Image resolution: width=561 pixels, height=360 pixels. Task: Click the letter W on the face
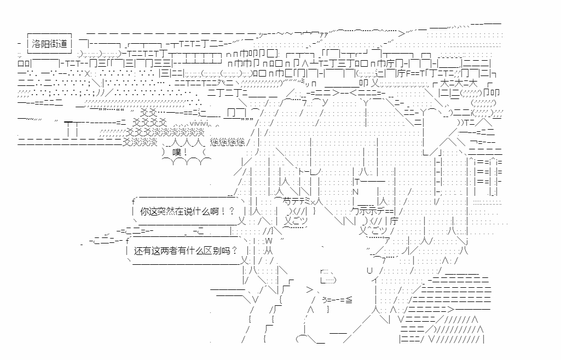[269, 240]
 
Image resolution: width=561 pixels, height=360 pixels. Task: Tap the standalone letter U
[369, 270]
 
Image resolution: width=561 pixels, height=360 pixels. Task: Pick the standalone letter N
[355, 192]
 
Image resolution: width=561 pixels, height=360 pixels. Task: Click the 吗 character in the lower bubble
[225, 251]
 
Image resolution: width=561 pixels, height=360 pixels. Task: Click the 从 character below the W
[268, 251]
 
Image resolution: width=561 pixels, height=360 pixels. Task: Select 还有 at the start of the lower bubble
[142, 251]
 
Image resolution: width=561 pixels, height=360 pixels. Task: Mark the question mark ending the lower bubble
[235, 251]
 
